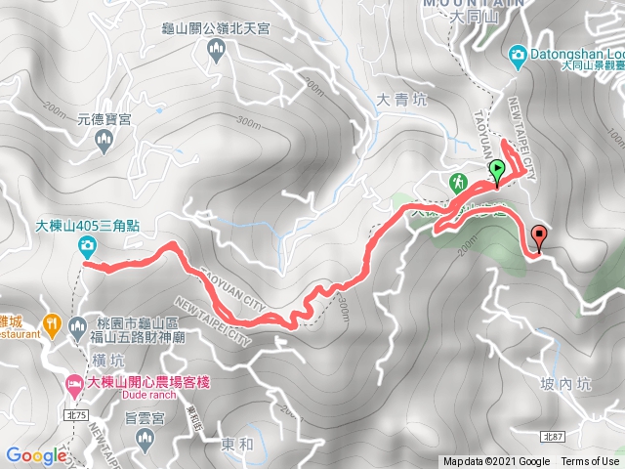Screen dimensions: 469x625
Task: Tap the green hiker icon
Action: tap(458, 182)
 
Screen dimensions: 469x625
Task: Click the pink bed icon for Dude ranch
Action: tap(72, 382)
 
